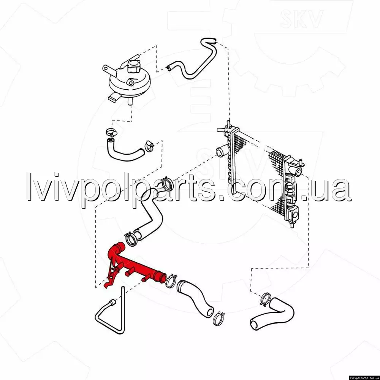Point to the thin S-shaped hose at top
(194, 60)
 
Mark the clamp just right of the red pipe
(171, 281)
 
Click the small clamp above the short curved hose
(111, 132)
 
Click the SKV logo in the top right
(301, 19)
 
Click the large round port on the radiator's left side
(221, 152)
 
